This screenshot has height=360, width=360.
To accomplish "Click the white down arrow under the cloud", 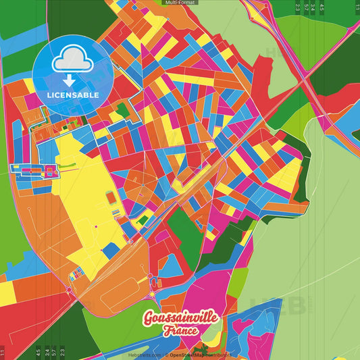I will coord(73,78).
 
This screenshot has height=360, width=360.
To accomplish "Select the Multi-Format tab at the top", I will coord(180,3).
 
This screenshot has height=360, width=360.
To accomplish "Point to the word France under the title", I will coord(180,331).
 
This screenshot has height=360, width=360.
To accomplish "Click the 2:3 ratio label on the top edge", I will coord(297,7).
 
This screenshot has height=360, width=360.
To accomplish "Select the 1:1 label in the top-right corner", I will coord(355,7).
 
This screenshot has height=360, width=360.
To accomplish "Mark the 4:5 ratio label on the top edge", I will coord(322,7).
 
